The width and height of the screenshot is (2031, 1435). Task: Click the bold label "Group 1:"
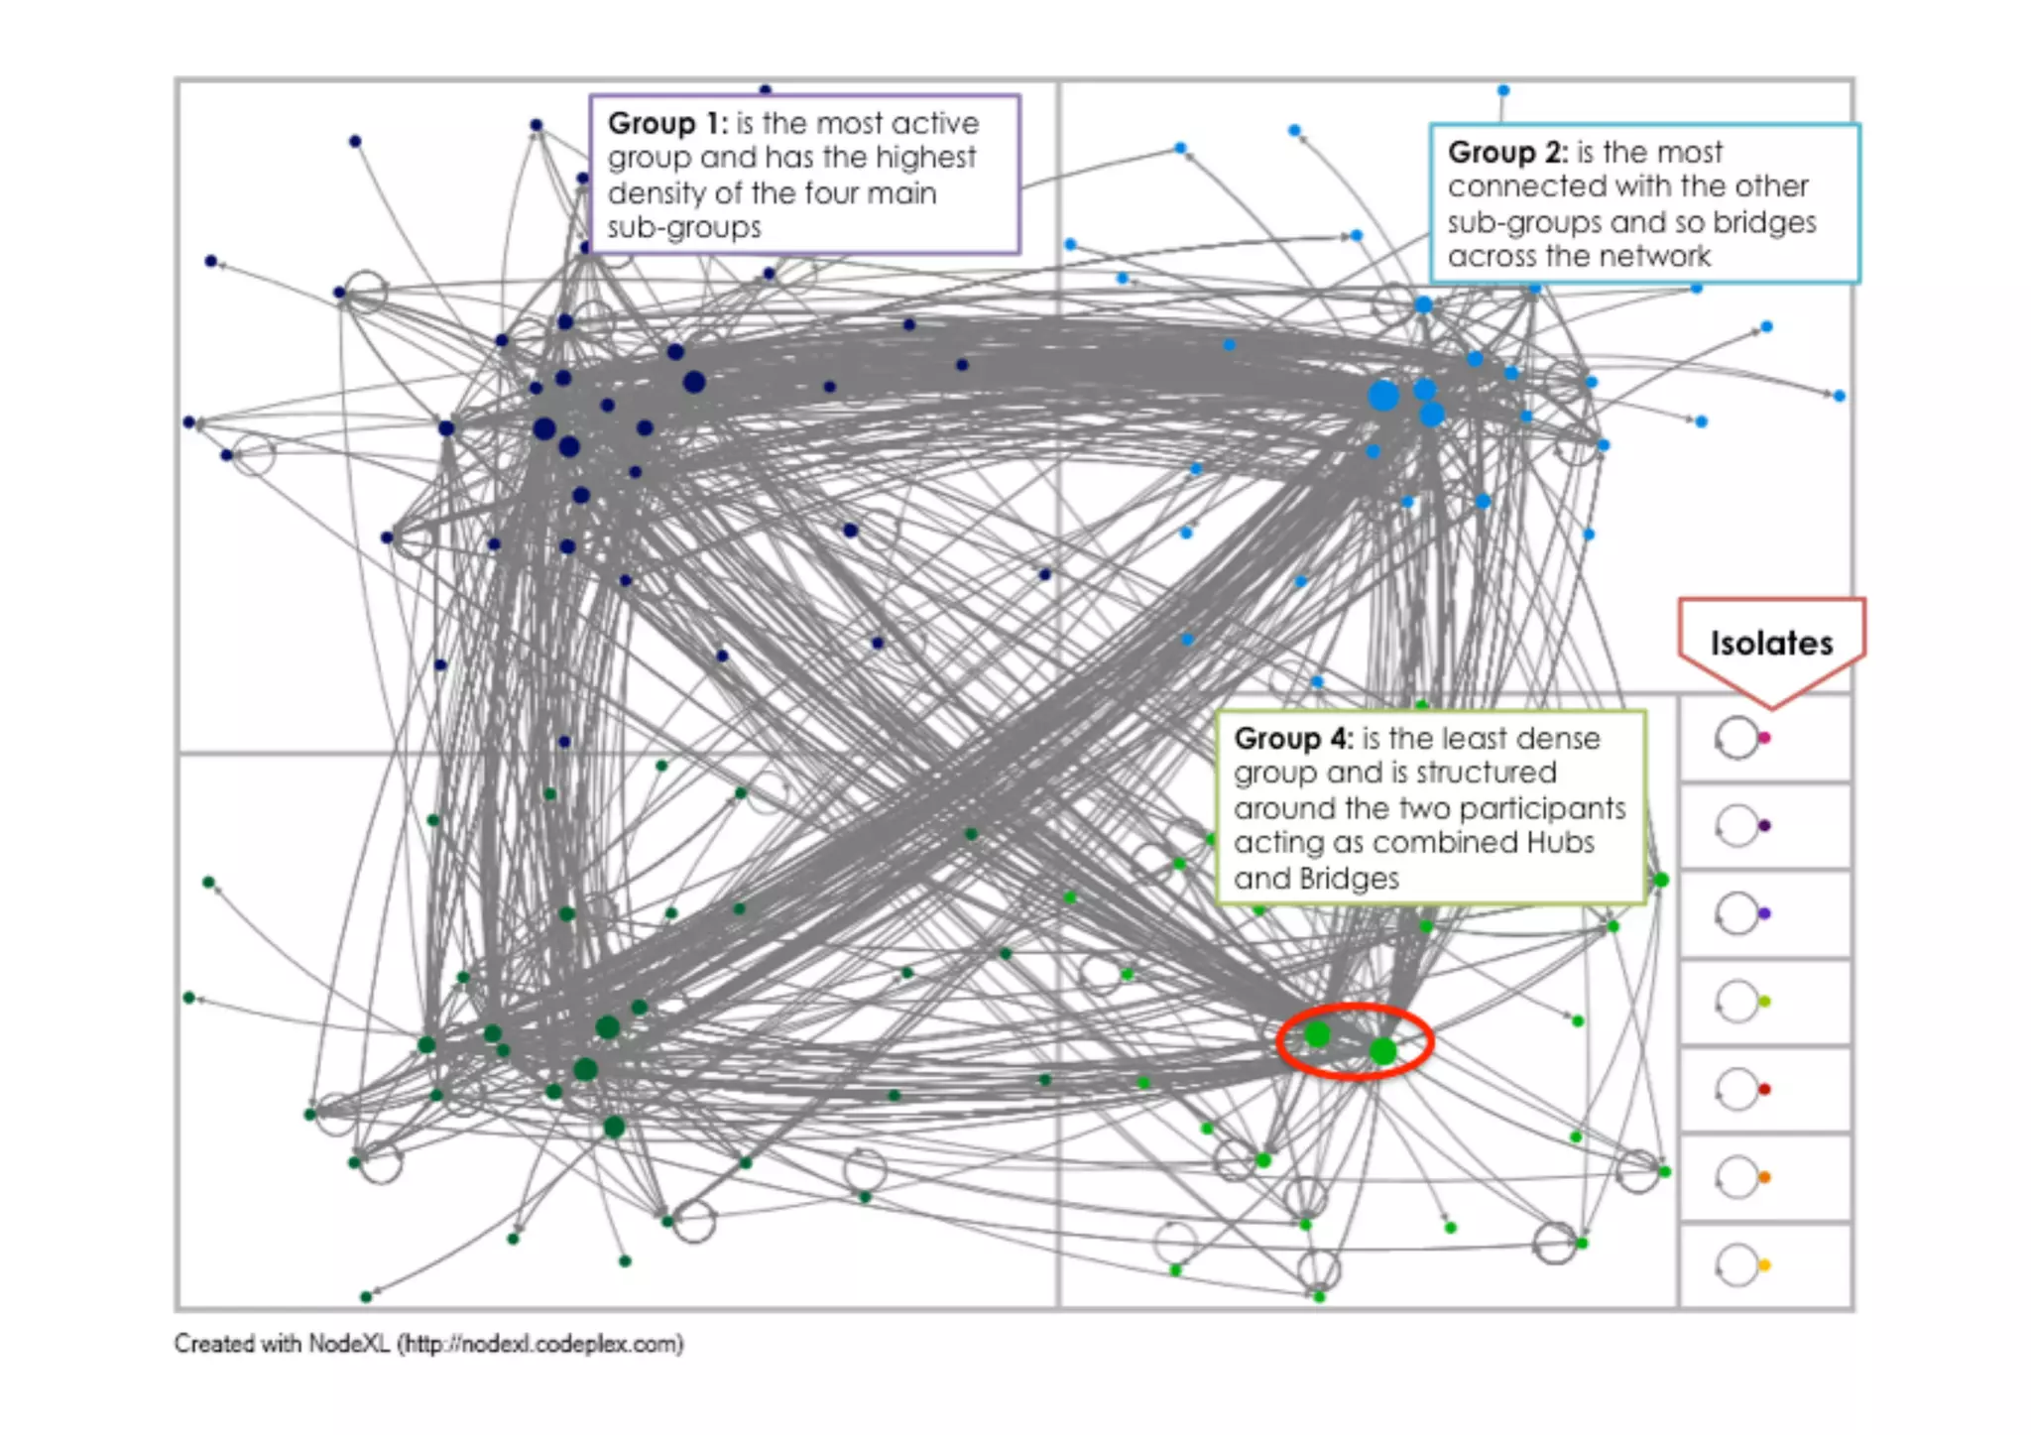666,123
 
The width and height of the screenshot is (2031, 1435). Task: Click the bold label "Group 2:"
1506,152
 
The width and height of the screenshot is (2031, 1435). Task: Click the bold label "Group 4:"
1292,738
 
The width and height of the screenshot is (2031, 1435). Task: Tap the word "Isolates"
1771,643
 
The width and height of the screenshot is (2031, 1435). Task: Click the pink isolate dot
1764,738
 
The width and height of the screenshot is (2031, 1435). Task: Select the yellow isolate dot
1764,1264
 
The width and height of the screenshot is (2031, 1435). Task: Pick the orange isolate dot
1764,1177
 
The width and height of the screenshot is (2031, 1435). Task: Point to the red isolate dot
1764,1089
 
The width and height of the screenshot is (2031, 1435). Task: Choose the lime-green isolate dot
1764,1002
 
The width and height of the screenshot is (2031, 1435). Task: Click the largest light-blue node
1383,396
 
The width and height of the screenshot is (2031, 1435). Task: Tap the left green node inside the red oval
1317,1035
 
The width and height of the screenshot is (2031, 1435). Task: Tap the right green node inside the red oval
1382,1051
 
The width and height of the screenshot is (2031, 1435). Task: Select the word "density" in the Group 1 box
655,192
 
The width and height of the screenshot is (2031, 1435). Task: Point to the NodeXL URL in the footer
541,1344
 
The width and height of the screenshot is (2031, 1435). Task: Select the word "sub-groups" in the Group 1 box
684,227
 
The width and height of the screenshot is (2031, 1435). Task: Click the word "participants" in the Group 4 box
1559,808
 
